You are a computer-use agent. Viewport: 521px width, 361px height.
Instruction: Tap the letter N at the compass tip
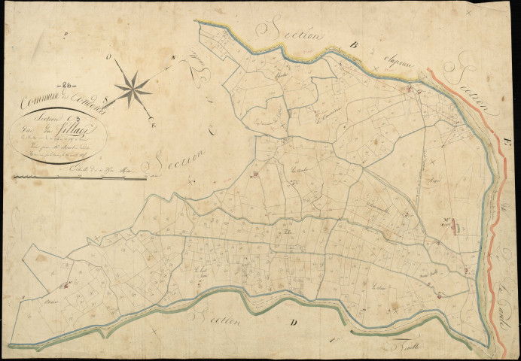click(172, 58)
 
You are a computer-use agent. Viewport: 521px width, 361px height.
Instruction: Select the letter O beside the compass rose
click(110, 56)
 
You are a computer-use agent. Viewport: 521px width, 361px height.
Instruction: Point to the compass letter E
click(155, 119)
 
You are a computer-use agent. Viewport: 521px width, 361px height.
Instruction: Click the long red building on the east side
click(457, 224)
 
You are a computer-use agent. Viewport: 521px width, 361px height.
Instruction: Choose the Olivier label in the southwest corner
click(32, 304)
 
